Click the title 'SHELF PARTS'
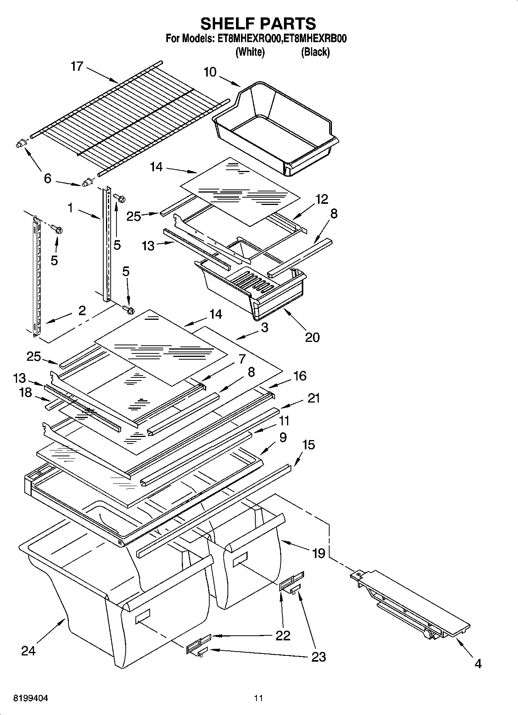pos(258,24)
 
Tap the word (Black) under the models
pos(315,52)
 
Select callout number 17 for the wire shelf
pos(77,67)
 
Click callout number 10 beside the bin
pos(210,72)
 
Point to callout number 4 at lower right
pos(478,664)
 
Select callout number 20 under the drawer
pos(312,337)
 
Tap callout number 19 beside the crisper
pos(318,553)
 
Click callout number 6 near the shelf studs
pos(48,178)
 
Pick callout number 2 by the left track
pos(82,311)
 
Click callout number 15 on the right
pos(308,445)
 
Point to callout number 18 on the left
pos(26,392)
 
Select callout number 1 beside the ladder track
pos(70,208)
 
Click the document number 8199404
pos(31,698)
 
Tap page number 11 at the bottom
pos(258,698)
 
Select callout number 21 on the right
pos(313,398)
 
